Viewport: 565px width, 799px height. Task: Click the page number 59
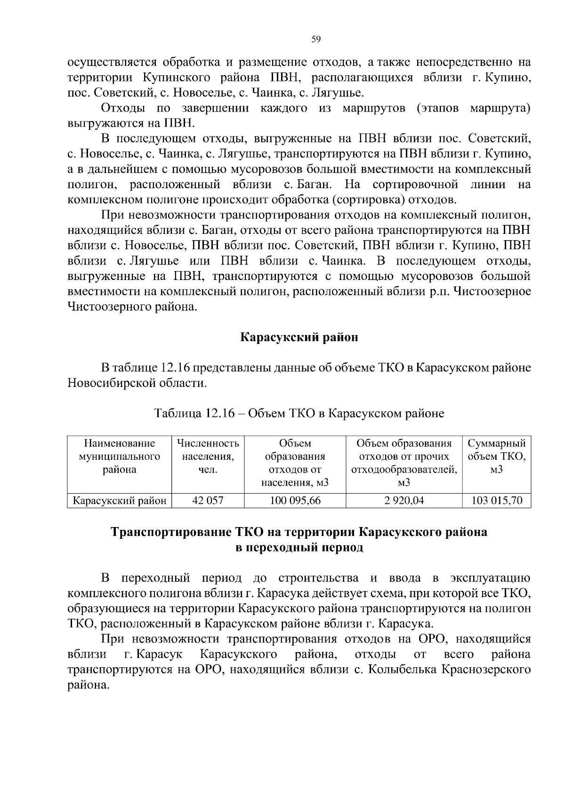click(316, 39)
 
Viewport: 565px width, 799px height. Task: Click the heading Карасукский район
click(299, 337)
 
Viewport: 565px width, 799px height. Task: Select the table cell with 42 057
click(208, 501)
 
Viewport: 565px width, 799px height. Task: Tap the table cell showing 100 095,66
click(295, 501)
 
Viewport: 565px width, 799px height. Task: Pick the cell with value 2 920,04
click(404, 501)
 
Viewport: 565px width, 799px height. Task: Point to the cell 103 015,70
click(497, 501)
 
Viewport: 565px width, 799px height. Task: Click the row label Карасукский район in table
click(119, 501)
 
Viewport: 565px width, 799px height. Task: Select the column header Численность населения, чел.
click(208, 456)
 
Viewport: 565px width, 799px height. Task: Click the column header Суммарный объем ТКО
click(497, 456)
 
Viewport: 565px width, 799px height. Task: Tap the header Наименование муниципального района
click(119, 456)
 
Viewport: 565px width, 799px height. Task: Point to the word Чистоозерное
click(491, 291)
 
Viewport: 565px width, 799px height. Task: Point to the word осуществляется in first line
click(112, 62)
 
